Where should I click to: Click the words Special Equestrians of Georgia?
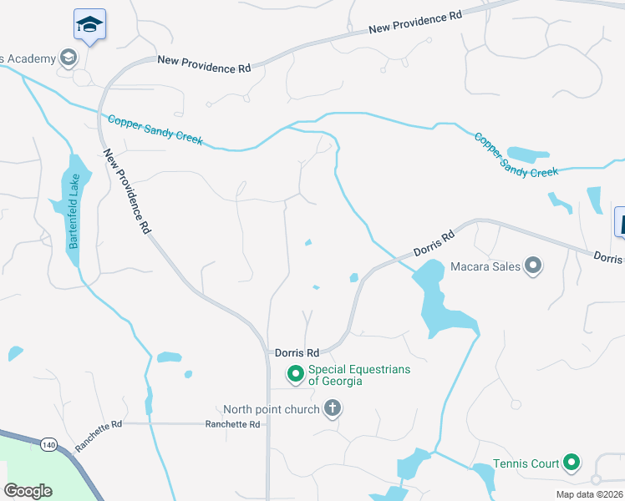click(359, 375)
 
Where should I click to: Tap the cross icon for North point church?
click(333, 409)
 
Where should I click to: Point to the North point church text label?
click(271, 409)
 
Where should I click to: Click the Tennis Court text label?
click(526, 463)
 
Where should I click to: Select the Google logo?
click(28, 491)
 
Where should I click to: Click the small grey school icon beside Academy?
click(68, 58)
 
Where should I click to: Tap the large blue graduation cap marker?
click(89, 25)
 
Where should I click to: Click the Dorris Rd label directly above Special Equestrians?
click(297, 353)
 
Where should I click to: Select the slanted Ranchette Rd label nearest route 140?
click(99, 436)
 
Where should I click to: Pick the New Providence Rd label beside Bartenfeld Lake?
click(128, 191)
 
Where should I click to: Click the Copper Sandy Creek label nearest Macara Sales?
click(516, 154)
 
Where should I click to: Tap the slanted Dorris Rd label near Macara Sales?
click(434, 240)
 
